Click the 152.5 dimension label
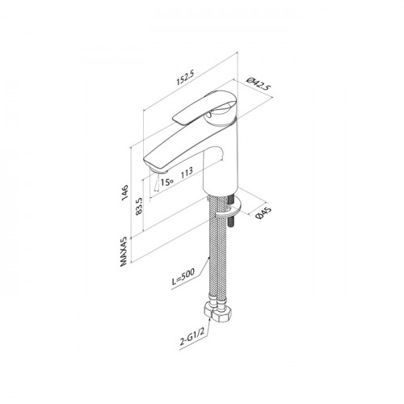point(185,78)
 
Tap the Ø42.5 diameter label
point(259,84)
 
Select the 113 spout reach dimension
point(187,172)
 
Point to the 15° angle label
point(166,182)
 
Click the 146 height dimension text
point(124,192)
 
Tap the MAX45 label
point(124,251)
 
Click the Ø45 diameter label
point(263,213)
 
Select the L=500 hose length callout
point(183,277)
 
